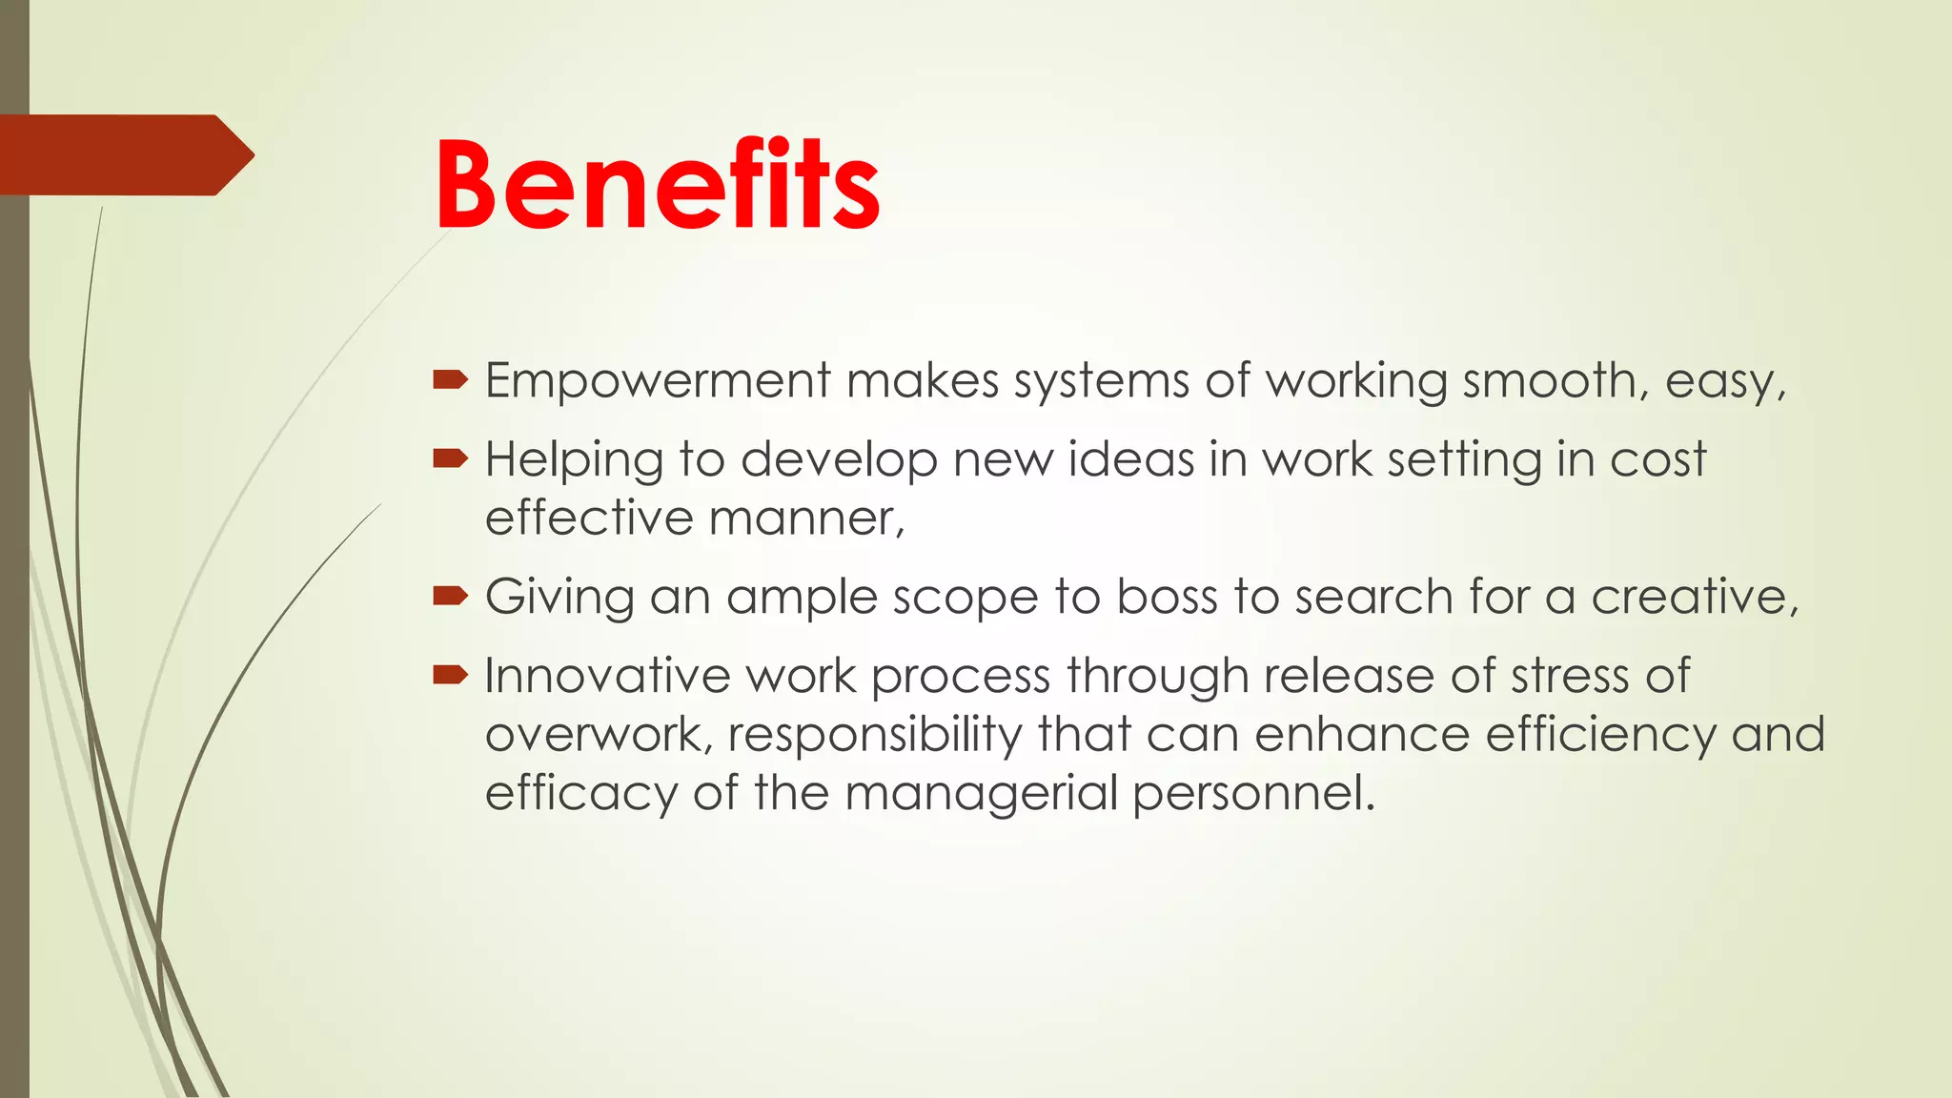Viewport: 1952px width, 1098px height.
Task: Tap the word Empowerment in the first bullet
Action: (x=658, y=381)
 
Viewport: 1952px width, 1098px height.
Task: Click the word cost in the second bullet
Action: (x=1657, y=459)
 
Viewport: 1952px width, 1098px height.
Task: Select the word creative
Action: (x=1694, y=598)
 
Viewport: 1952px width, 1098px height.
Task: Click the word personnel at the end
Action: (x=1253, y=794)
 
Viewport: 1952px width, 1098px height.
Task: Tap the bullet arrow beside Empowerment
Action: (x=450, y=381)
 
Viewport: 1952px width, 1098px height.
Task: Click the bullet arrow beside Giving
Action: (x=450, y=598)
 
